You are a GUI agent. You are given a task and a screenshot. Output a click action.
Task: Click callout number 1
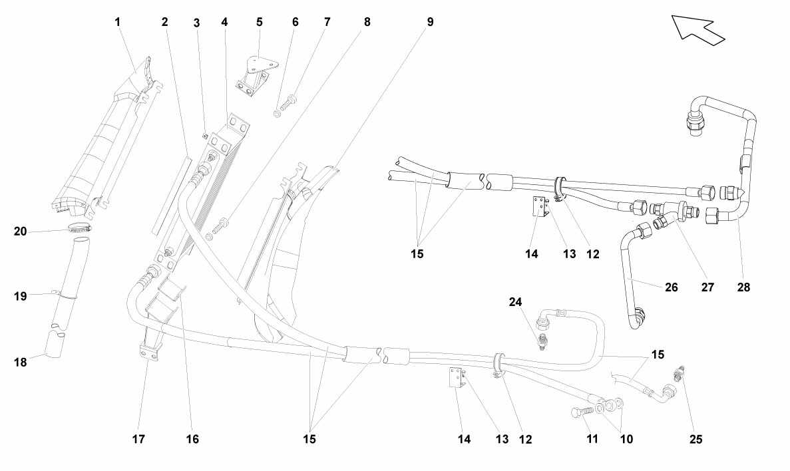pos(118,22)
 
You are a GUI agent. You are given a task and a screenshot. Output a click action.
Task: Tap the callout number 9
pos(430,22)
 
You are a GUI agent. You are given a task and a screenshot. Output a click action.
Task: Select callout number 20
pos(20,232)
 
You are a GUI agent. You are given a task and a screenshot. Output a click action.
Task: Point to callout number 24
pos(515,302)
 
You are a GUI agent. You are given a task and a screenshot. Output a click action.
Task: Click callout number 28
pos(743,287)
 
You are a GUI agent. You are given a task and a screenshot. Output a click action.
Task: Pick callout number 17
pos(138,439)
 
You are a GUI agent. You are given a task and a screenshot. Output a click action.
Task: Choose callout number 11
pos(592,439)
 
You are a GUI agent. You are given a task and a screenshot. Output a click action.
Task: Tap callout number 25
pos(695,439)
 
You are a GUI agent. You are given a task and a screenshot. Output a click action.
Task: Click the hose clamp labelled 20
pos(80,228)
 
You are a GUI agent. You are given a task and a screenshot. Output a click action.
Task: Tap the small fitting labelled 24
pos(542,341)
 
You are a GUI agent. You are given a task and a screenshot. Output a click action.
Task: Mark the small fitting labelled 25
pos(681,373)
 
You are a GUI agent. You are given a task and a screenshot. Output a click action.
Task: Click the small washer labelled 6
pos(277,114)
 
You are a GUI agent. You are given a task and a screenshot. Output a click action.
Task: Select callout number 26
pos(672,287)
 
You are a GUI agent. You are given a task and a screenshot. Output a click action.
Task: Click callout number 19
pos(20,295)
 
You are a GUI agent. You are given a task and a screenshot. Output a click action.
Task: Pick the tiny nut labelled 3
pos(204,134)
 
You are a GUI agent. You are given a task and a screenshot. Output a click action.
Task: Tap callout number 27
pos(708,287)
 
